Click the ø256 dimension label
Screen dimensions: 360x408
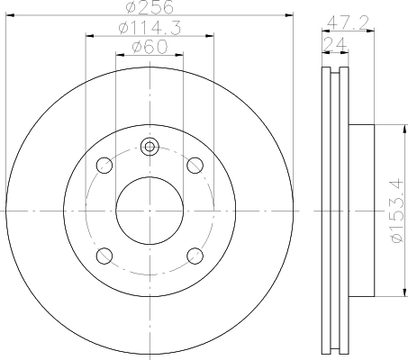click(150, 7)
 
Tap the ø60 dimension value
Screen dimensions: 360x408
click(150, 48)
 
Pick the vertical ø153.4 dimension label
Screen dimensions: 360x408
click(394, 212)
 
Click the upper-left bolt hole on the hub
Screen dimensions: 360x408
click(104, 165)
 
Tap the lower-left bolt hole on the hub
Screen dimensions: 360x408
click(104, 255)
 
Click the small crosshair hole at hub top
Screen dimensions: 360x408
click(150, 147)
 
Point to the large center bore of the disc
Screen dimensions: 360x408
click(150, 210)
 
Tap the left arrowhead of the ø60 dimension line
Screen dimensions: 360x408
click(118, 55)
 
